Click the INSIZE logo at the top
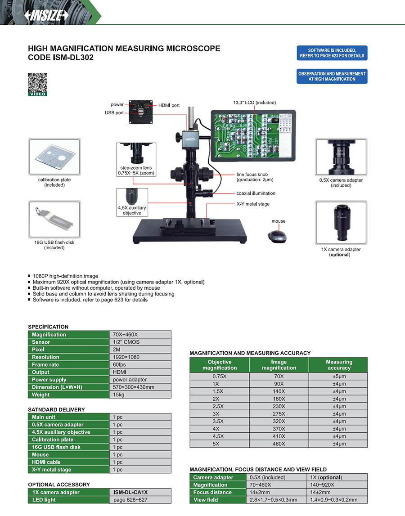46,15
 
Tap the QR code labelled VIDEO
37,84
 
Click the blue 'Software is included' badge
332,53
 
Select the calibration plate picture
54,157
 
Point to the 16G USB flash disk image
54,219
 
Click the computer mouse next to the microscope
277,236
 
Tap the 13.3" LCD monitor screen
253,135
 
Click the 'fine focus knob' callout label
255,177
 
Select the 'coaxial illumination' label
256,193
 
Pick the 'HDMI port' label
169,105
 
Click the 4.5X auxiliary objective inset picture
132,202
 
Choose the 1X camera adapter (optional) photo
341,222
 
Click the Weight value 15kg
118,395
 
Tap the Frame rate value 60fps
119,365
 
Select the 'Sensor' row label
41,342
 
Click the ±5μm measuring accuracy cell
339,376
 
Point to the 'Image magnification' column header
279,365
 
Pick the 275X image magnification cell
279,414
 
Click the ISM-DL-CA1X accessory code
130,492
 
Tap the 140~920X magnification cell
322,485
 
